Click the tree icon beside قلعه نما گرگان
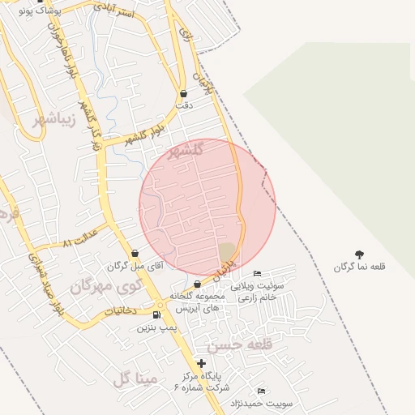pyautogui.click(x=360, y=255)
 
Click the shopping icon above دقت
pyautogui.click(x=183, y=93)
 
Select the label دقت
pyautogui.click(x=184, y=105)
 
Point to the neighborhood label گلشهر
pyautogui.click(x=189, y=152)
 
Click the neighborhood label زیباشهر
pyautogui.click(x=55, y=121)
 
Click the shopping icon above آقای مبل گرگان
pyautogui.click(x=135, y=254)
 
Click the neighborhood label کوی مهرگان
pyautogui.click(x=105, y=285)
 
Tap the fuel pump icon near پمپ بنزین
pyautogui.click(x=156, y=314)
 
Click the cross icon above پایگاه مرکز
pyautogui.click(x=201, y=363)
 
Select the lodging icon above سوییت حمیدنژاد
pyautogui.click(x=260, y=391)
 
